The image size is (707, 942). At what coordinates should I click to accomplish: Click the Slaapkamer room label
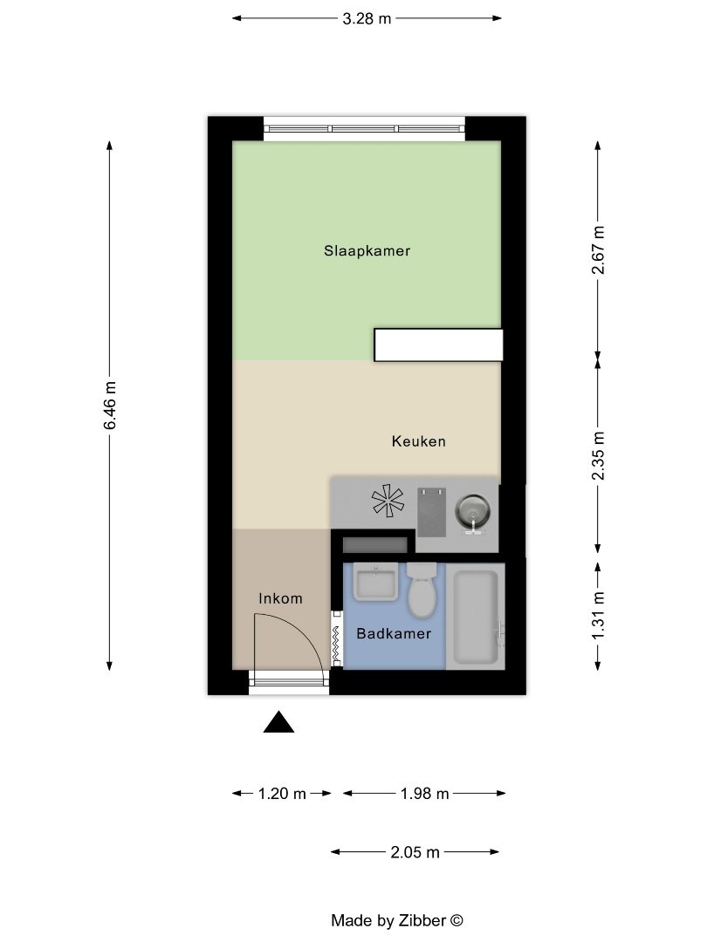click(367, 251)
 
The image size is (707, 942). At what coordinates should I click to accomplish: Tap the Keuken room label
click(418, 441)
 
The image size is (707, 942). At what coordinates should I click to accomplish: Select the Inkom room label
click(280, 598)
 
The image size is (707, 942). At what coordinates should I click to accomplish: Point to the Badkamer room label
click(394, 634)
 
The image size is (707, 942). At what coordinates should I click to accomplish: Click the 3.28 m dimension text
click(367, 17)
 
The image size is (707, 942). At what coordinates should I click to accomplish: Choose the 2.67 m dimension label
click(599, 250)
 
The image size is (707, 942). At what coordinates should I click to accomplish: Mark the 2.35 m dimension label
click(599, 456)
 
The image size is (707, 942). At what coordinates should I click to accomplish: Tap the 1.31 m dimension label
click(599, 616)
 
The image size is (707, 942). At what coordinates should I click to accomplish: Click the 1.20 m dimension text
click(282, 794)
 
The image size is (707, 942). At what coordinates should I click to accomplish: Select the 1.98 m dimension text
click(424, 794)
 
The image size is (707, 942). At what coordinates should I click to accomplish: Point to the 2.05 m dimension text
click(415, 852)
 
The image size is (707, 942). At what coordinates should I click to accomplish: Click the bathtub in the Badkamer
click(477, 618)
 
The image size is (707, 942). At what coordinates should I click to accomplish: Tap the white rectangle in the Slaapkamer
click(438, 345)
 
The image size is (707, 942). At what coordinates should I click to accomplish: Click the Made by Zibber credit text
click(396, 920)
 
